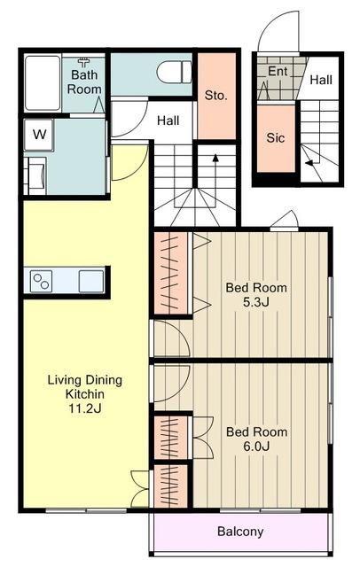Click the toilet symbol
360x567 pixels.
(174, 72)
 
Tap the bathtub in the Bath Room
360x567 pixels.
(43, 82)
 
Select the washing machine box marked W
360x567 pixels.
(39, 135)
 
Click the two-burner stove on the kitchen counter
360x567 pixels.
(41, 281)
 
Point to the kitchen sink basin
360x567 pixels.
(91, 281)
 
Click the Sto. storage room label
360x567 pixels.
(216, 96)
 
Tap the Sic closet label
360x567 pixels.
(276, 138)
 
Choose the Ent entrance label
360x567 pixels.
(278, 71)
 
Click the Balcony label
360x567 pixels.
(240, 532)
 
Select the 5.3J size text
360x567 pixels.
(255, 302)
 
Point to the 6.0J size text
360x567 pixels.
(256, 447)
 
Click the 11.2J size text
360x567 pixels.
(85, 408)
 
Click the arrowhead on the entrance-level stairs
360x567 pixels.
(309, 163)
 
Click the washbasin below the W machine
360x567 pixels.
(37, 175)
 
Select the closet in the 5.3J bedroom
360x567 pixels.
(171, 274)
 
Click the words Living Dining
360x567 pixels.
(85, 380)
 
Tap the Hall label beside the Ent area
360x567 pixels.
(321, 80)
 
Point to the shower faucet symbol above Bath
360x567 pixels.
(84, 63)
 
